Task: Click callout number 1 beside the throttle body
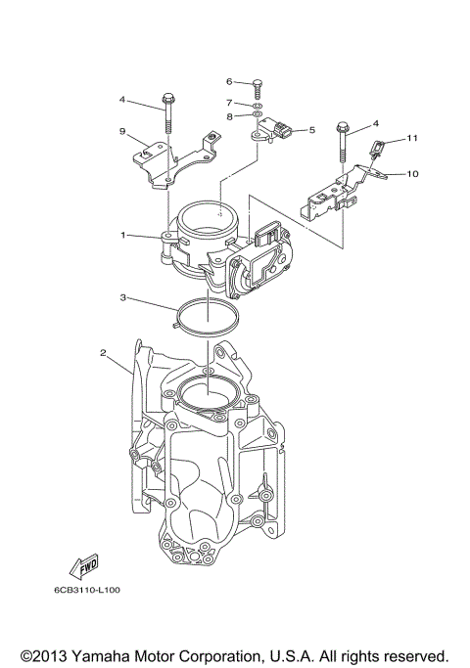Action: click(x=123, y=236)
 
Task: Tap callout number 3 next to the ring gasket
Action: click(x=123, y=297)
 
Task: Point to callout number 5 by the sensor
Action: click(x=311, y=129)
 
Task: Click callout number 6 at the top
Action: click(x=228, y=81)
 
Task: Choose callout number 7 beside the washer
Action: click(x=228, y=102)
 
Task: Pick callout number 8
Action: click(x=228, y=116)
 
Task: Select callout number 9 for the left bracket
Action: click(x=123, y=131)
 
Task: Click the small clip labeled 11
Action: click(x=375, y=150)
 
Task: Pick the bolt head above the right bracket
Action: click(x=343, y=128)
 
